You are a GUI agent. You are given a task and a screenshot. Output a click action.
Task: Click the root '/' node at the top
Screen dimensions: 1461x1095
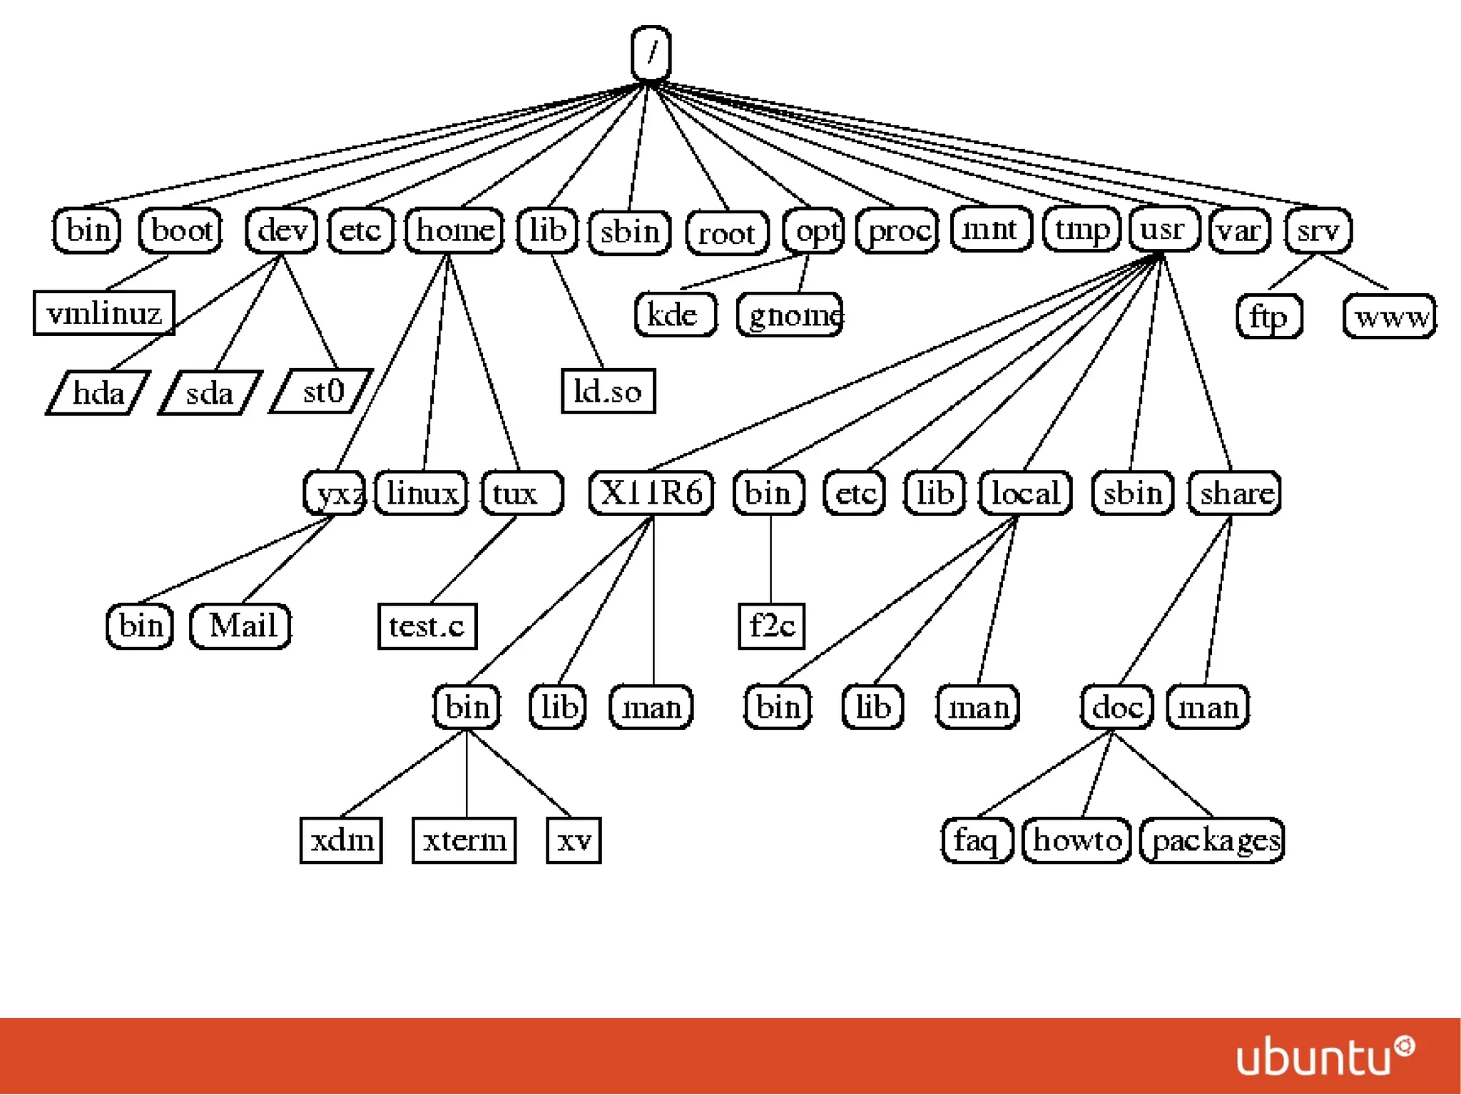(x=651, y=54)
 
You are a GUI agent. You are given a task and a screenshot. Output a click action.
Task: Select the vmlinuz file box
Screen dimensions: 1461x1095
(x=104, y=312)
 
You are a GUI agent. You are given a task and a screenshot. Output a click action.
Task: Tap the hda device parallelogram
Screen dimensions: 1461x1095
(x=98, y=392)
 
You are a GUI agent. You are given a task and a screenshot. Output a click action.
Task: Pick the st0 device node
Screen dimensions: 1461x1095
(x=322, y=391)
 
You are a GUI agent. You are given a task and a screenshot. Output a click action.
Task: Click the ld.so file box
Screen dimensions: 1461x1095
(x=608, y=391)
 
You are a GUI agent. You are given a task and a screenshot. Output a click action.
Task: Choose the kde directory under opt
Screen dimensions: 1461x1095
(x=675, y=315)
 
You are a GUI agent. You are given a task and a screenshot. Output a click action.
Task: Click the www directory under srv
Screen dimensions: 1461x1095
(x=1390, y=316)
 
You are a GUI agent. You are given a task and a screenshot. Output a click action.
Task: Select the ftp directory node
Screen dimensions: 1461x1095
(x=1269, y=316)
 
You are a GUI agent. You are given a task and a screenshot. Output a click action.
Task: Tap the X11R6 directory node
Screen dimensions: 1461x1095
(x=651, y=492)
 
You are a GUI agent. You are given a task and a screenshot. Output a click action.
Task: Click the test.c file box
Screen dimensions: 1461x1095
(x=427, y=626)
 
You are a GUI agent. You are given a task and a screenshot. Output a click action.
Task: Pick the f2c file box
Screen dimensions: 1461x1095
(x=771, y=626)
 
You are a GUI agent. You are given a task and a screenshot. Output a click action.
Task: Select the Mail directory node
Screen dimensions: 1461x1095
(x=241, y=626)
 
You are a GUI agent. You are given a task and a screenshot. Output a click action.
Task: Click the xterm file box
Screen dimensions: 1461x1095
(x=464, y=840)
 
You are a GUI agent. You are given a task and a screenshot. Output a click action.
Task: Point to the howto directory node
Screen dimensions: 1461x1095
(x=1076, y=840)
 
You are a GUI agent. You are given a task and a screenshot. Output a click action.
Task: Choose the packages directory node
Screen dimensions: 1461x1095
(x=1213, y=840)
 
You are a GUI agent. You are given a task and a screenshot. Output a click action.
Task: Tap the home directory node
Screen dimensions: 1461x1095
(x=454, y=230)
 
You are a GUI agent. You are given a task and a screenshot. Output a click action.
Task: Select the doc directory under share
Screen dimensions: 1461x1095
(x=1116, y=707)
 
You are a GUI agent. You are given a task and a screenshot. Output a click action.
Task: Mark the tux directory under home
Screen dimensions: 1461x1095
(x=521, y=492)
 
